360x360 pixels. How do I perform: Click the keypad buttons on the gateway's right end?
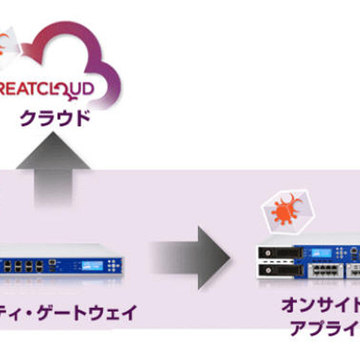click(x=112, y=267)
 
